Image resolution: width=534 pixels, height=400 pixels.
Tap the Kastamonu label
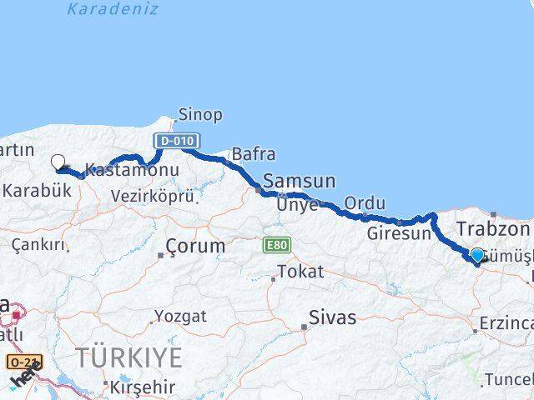(x=132, y=170)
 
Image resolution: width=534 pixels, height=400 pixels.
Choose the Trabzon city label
(x=493, y=229)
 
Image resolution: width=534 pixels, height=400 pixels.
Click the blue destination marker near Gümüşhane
(x=477, y=256)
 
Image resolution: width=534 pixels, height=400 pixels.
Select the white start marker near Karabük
(x=58, y=162)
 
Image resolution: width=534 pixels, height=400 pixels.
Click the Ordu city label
(x=365, y=203)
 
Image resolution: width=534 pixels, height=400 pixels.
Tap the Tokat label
(x=300, y=272)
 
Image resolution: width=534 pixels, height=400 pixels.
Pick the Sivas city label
(x=332, y=317)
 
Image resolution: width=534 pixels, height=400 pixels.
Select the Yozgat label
(x=179, y=316)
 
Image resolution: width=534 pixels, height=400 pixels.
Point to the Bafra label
(x=254, y=154)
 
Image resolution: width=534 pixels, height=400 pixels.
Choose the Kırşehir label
(x=142, y=387)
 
